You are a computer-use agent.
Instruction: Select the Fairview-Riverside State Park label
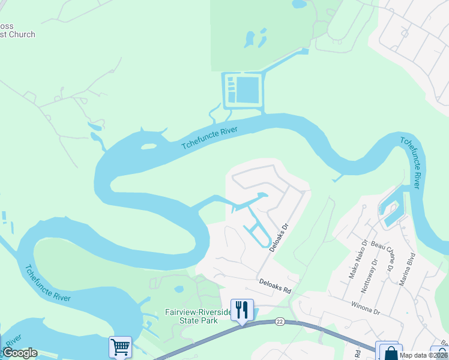pyautogui.click(x=198, y=316)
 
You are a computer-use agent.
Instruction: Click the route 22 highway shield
pyautogui.click(x=280, y=322)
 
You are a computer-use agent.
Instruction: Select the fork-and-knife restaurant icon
pyautogui.click(x=242, y=310)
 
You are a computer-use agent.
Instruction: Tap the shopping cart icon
pyautogui.click(x=120, y=347)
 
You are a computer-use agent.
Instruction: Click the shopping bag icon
pyautogui.click(x=390, y=352)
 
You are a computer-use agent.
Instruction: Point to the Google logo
pyautogui.click(x=20, y=353)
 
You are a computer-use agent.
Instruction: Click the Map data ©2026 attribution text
pyautogui.click(x=423, y=355)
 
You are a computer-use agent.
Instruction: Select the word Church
pyautogui.click(x=20, y=34)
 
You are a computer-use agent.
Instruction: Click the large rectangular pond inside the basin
pyautogui.click(x=249, y=89)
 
